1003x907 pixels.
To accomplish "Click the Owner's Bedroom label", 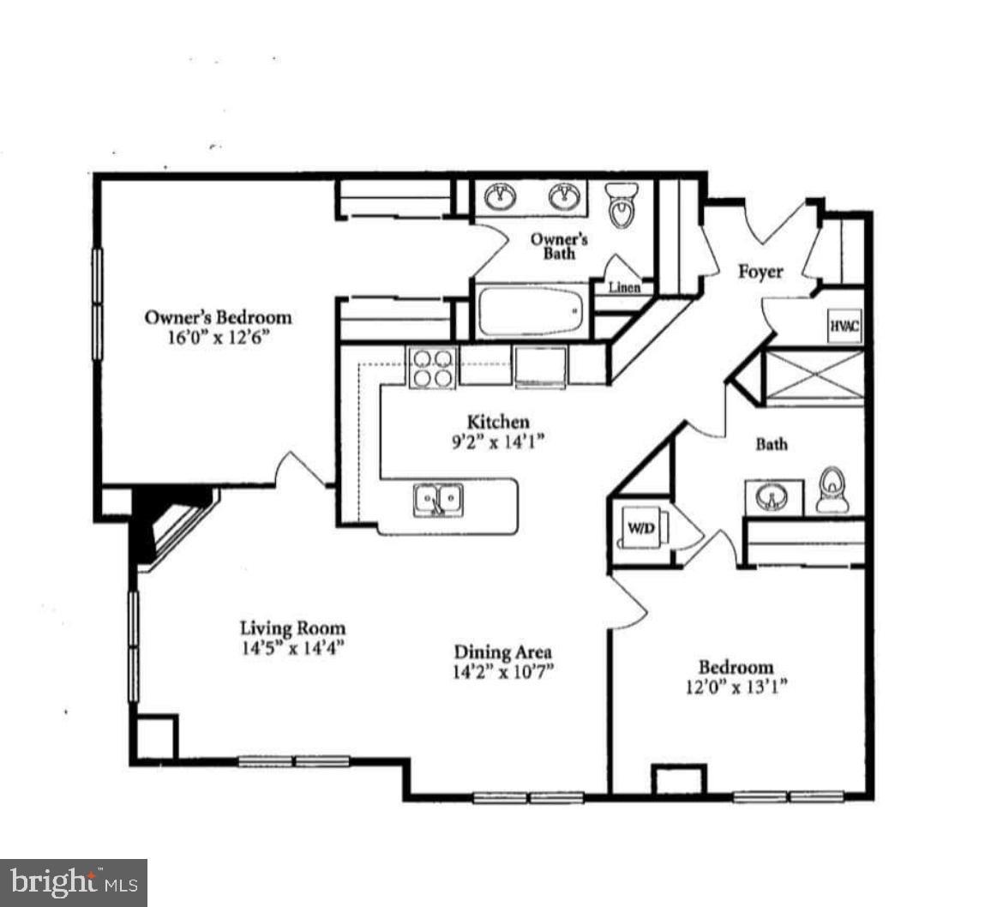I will (x=218, y=317).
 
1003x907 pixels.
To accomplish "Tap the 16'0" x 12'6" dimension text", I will (x=218, y=337).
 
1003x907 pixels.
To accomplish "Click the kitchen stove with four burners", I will (x=431, y=367).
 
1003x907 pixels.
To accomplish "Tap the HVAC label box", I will (x=844, y=327).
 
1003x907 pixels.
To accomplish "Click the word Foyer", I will (x=760, y=272).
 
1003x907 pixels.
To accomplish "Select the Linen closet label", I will (x=624, y=287).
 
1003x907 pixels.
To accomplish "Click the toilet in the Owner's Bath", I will (x=622, y=203).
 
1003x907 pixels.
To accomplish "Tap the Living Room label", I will (x=292, y=628).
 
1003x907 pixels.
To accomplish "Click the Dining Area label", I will (x=502, y=652).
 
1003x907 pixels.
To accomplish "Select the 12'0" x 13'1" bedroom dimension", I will (x=736, y=686).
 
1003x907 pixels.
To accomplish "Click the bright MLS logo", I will (x=73, y=882).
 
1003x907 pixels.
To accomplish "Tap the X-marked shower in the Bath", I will (x=814, y=375).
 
